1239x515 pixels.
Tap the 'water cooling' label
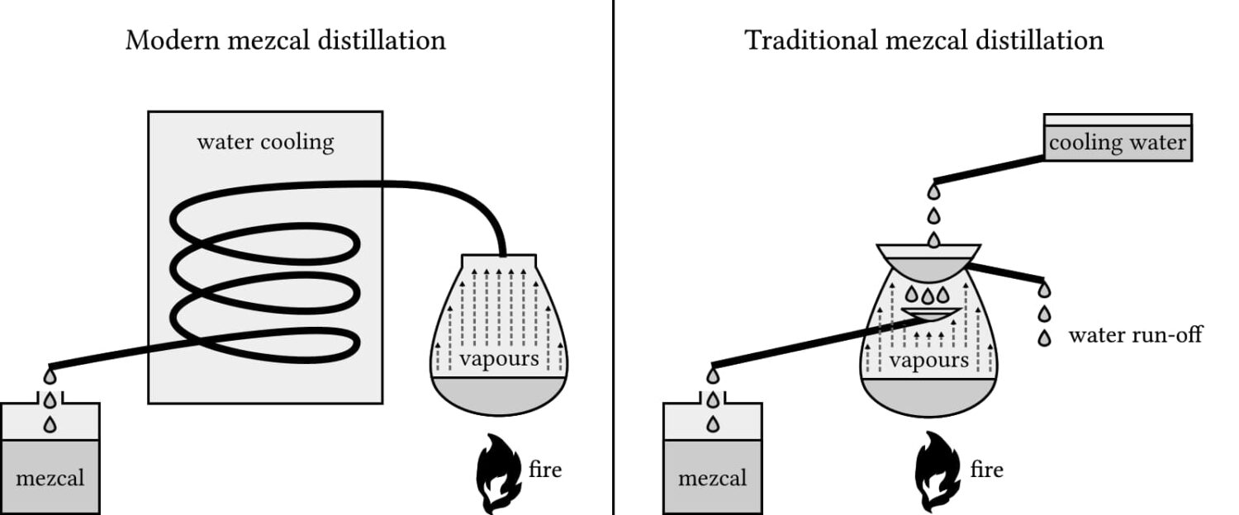click(265, 142)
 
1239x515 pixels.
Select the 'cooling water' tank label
click(1118, 143)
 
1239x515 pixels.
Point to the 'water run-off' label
click(1135, 335)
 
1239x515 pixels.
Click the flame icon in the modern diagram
click(499, 473)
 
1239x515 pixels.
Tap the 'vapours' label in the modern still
click(499, 358)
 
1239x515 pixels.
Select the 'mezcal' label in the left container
click(50, 478)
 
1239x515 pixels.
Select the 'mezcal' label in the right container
click(712, 478)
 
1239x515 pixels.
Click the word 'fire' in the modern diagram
click(545, 470)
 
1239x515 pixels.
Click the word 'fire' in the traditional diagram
click(986, 470)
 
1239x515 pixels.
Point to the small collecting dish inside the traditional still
click(931, 314)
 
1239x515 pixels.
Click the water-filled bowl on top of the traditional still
click(928, 262)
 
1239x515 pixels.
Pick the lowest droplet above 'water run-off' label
click(1044, 338)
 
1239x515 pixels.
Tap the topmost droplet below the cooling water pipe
click(934, 191)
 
